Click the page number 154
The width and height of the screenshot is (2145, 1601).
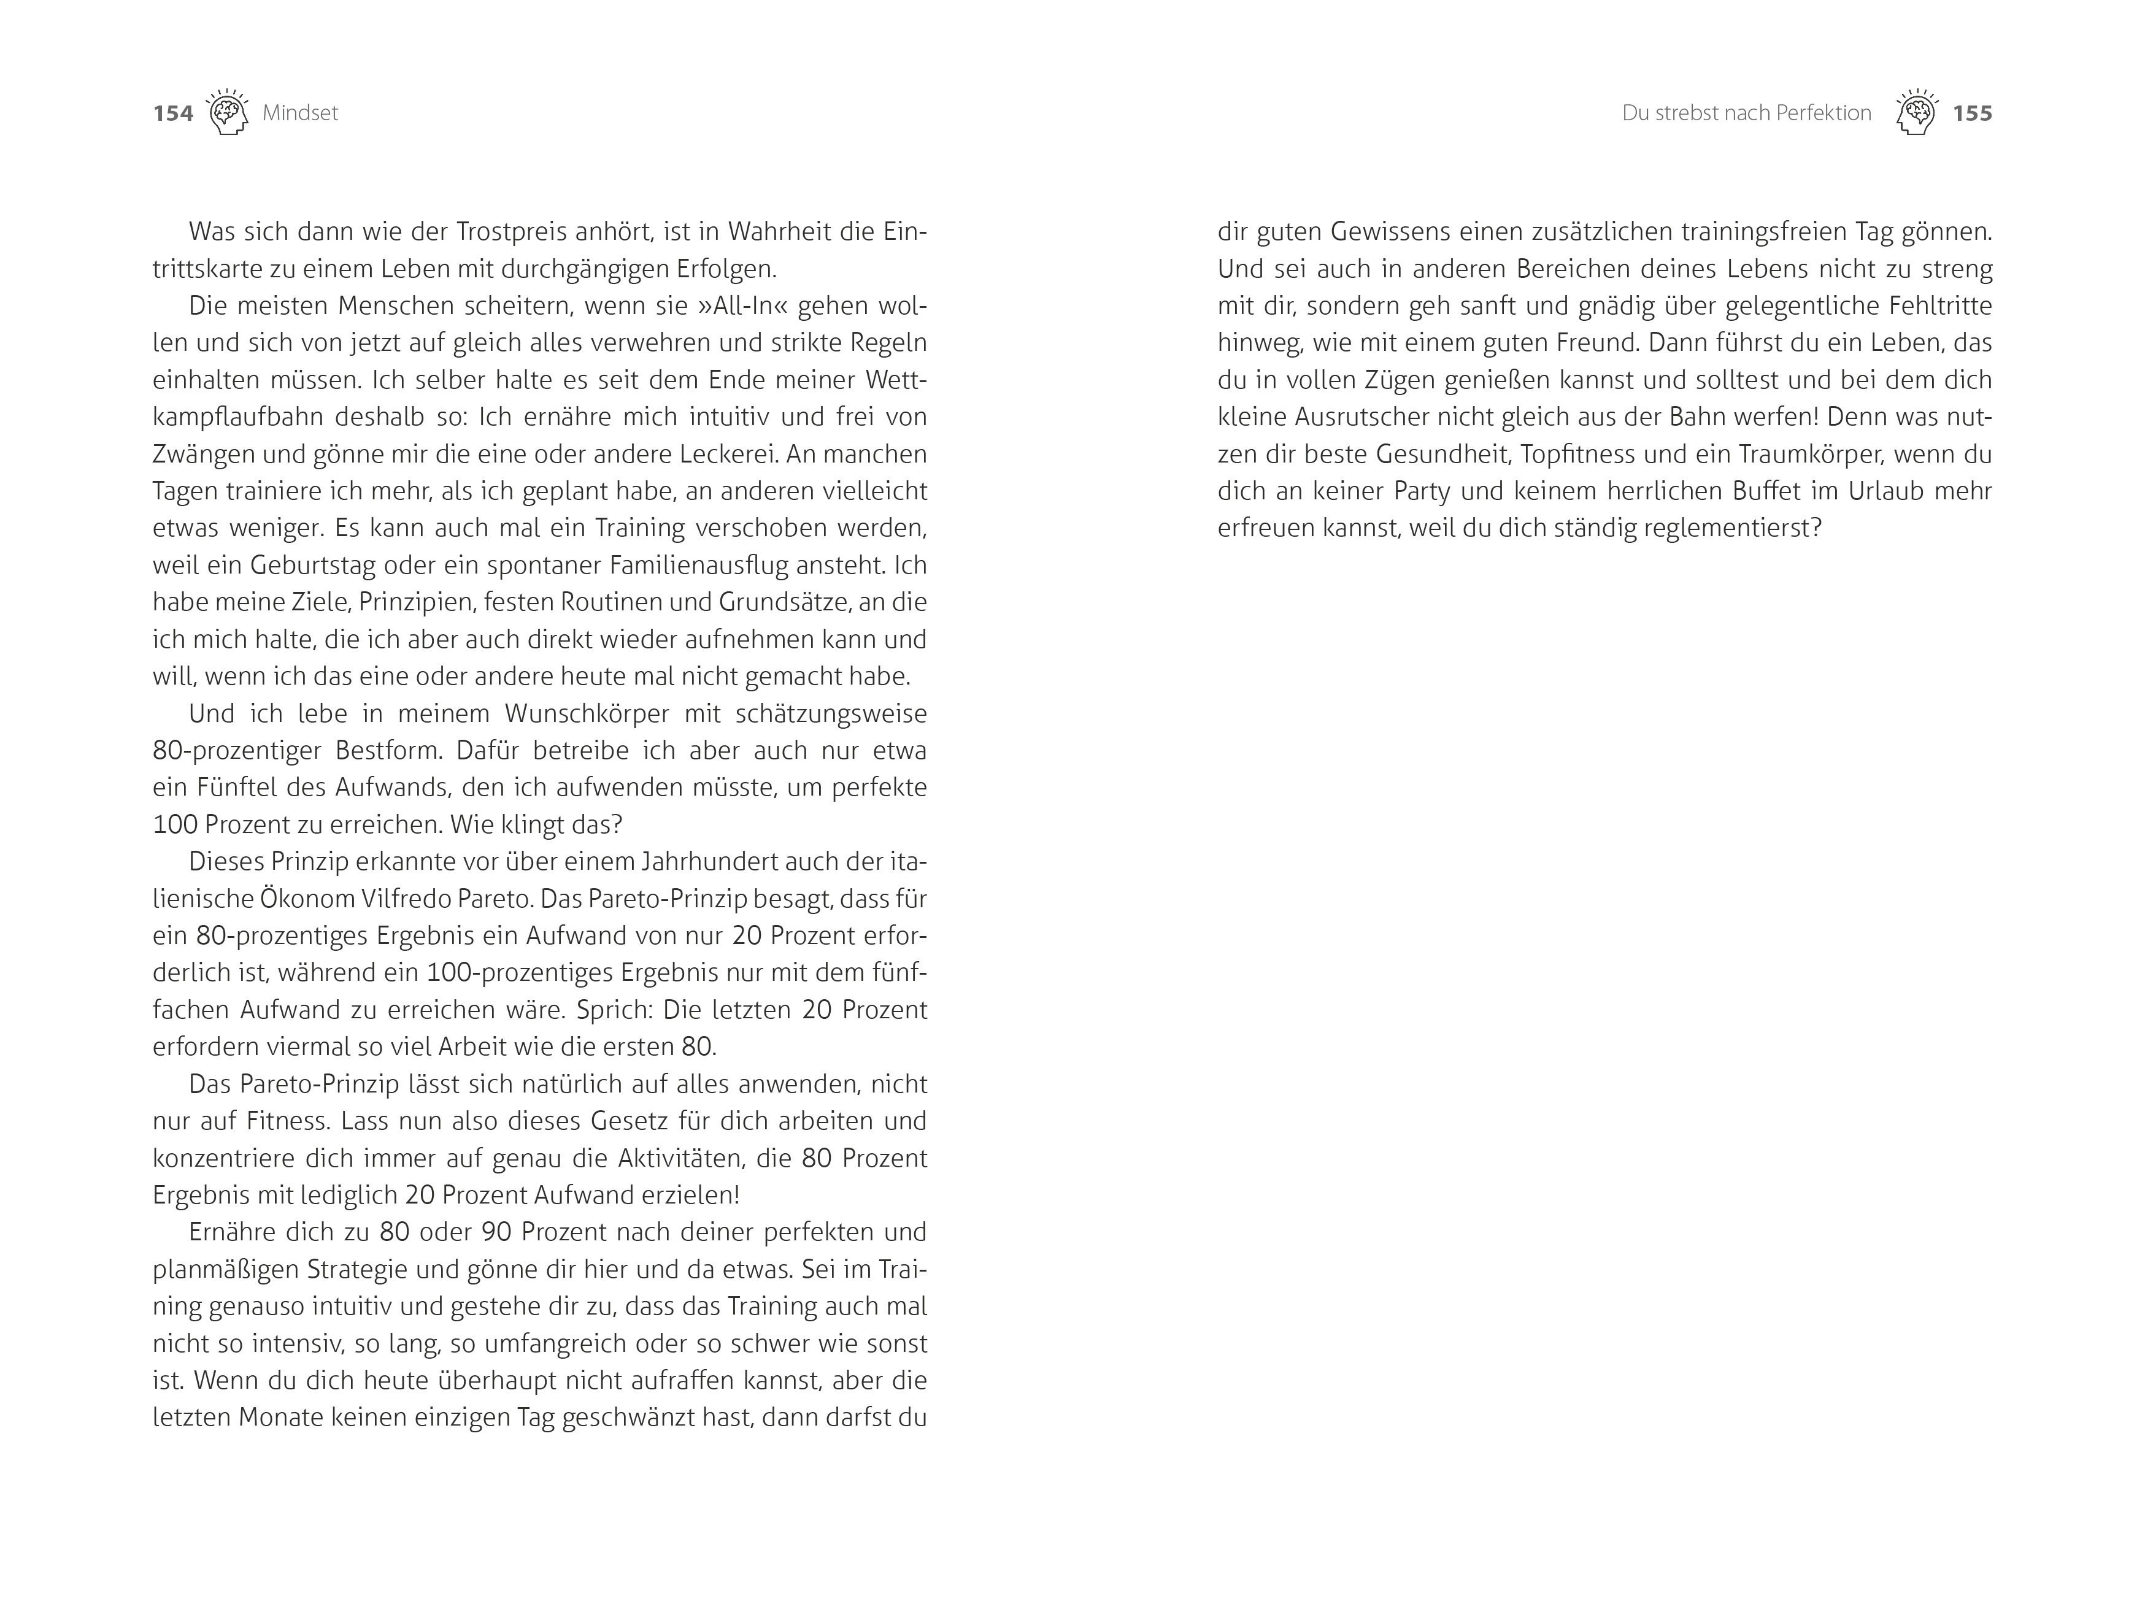174,113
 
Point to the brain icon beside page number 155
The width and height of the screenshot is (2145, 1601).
1916,112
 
